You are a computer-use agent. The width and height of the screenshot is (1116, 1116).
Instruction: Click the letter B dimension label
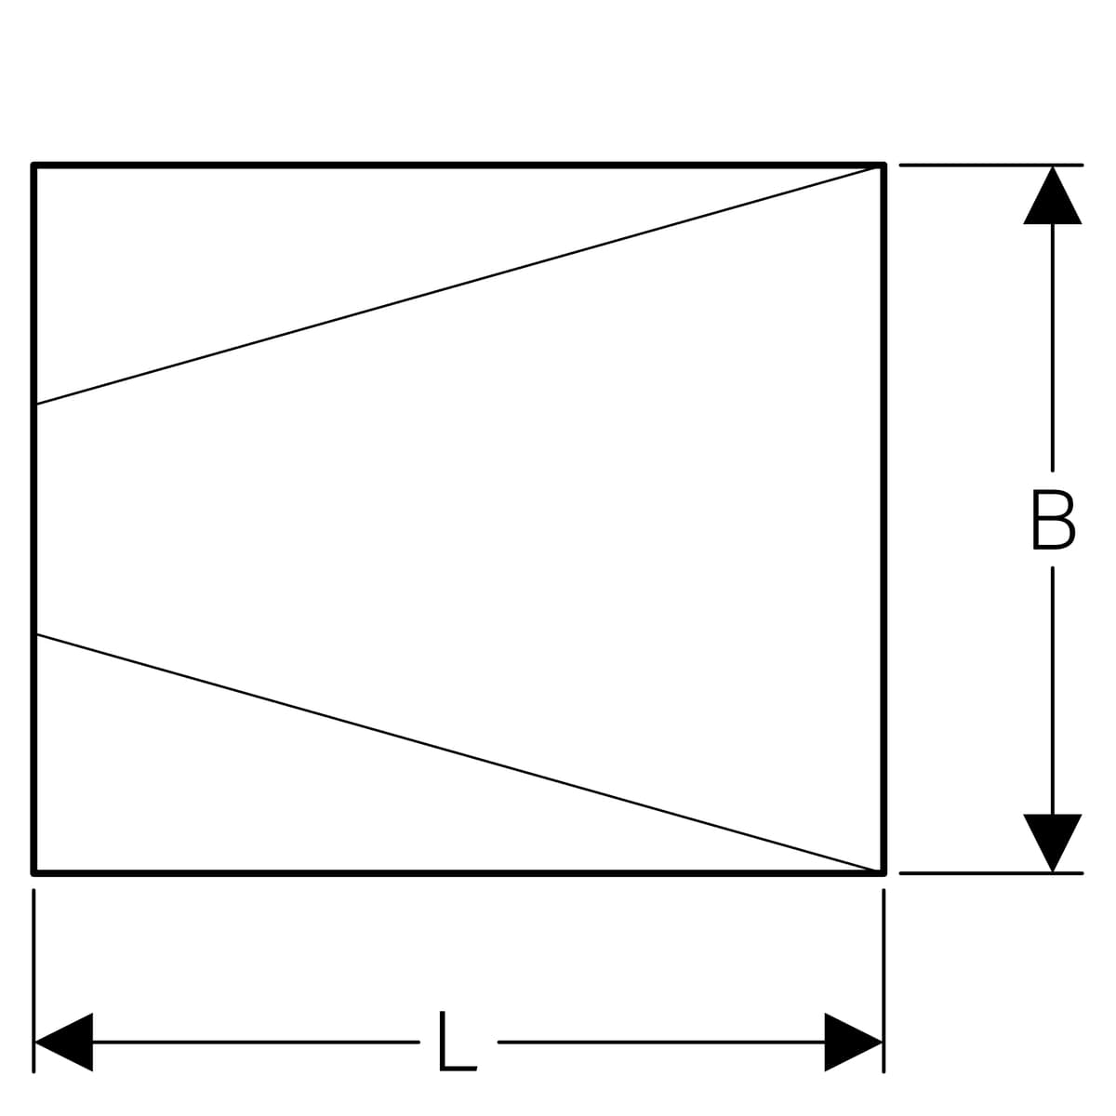click(1054, 520)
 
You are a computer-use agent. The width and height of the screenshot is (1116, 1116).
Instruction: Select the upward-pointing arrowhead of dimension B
click(1052, 195)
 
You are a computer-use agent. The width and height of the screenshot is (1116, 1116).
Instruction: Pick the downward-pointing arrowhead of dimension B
click(1052, 843)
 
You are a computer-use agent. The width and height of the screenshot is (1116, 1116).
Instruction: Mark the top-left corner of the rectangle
click(33, 166)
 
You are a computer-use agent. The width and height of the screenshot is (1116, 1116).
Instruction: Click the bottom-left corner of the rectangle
click(33, 872)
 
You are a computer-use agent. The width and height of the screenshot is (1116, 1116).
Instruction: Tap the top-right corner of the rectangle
click(883, 166)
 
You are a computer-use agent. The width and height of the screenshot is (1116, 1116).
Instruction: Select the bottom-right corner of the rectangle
click(883, 872)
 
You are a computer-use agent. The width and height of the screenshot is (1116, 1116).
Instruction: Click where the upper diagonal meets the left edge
click(36, 404)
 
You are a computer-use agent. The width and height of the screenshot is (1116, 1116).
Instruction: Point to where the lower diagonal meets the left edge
click(36, 635)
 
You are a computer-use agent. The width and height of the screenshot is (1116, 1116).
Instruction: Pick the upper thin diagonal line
click(458, 285)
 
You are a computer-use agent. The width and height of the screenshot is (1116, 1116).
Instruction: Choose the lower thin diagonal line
click(458, 753)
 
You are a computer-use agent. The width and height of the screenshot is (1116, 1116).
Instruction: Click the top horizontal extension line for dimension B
click(990, 165)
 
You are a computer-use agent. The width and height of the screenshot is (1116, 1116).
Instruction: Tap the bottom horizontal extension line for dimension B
click(990, 872)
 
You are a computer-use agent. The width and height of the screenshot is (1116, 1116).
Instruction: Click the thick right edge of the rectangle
click(883, 519)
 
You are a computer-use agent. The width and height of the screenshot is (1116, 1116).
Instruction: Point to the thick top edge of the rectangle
click(458, 166)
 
